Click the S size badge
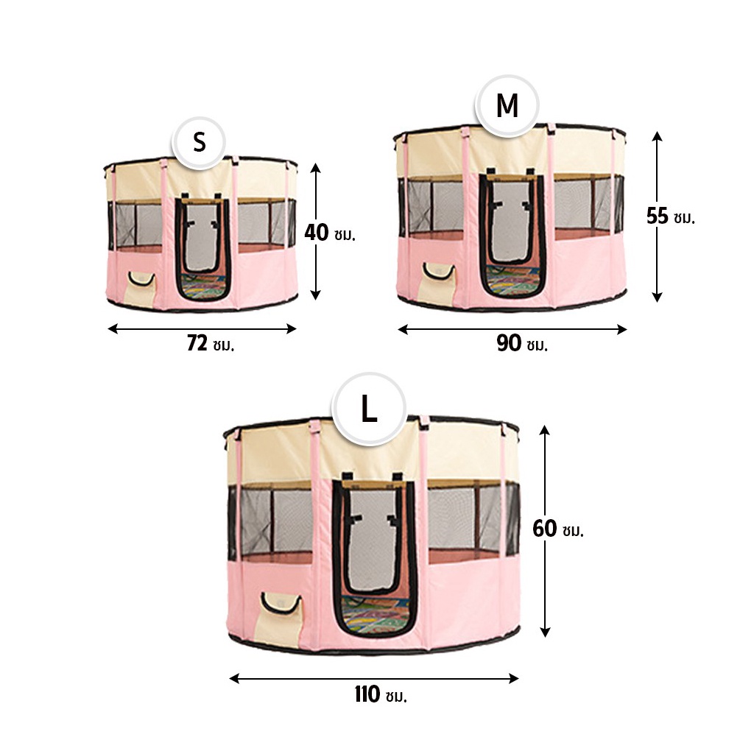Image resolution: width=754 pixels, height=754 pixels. point(199,142)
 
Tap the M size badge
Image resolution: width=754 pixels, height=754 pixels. point(507,106)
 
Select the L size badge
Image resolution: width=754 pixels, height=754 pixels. point(369,409)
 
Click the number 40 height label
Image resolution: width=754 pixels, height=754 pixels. point(317,233)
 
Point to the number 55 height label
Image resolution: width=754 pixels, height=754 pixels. point(658,216)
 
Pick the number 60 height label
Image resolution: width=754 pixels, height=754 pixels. point(545,529)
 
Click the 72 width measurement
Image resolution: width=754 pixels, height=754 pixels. point(197,343)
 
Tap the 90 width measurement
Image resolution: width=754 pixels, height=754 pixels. point(509,343)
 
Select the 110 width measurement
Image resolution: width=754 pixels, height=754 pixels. point(367,695)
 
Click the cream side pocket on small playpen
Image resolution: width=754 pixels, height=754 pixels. point(141,289)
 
